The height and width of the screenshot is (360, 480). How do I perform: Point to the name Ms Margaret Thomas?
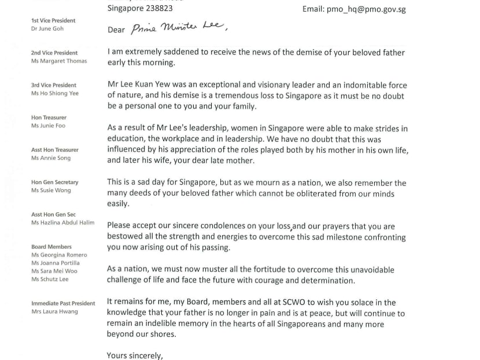click(59, 61)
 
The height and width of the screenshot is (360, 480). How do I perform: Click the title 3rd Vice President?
click(53, 85)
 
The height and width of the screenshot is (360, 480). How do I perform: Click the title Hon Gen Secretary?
click(54, 182)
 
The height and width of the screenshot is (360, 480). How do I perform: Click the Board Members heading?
click(51, 247)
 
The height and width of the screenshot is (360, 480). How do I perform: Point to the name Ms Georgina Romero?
click(59, 255)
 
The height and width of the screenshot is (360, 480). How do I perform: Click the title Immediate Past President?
click(63, 303)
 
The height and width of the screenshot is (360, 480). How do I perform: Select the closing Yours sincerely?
click(135, 355)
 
